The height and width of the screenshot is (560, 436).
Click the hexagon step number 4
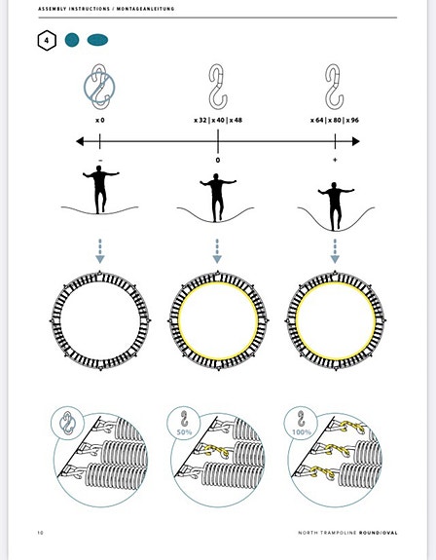pos(47,40)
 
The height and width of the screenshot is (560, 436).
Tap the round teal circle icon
pos(72,40)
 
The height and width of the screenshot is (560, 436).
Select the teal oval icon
pos(97,40)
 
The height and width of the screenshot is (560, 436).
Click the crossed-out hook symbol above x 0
pos(99,87)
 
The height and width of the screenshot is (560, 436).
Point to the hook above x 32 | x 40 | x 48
pos(218,87)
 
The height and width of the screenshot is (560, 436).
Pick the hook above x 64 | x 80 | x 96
pos(335,87)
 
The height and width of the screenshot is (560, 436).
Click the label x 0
pos(100,121)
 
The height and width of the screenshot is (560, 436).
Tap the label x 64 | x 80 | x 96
pos(335,121)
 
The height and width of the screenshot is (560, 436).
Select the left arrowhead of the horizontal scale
pos(80,141)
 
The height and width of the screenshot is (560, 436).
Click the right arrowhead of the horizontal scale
pos(356,141)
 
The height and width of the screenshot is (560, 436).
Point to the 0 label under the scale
pos(218,160)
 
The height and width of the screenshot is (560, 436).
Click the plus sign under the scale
pos(335,160)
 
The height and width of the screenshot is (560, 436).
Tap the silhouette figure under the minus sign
pos(100,189)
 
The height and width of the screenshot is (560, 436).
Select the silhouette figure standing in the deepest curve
pos(335,206)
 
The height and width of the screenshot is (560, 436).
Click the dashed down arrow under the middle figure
pos(217,251)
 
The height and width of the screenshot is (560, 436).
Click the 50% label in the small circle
pos(184,432)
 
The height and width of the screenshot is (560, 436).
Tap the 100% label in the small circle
pos(302,432)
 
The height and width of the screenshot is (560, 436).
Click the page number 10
pos(40,533)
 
